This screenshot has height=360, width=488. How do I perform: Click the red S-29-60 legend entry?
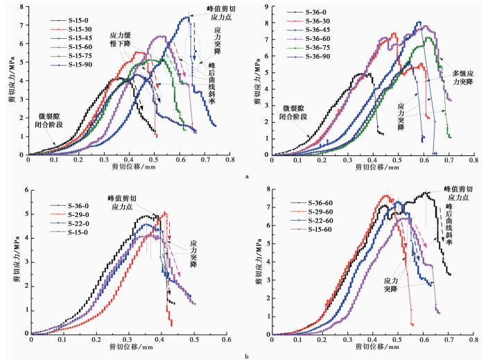(311, 212)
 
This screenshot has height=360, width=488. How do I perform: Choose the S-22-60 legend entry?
(311, 221)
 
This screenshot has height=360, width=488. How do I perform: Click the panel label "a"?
(247, 177)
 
